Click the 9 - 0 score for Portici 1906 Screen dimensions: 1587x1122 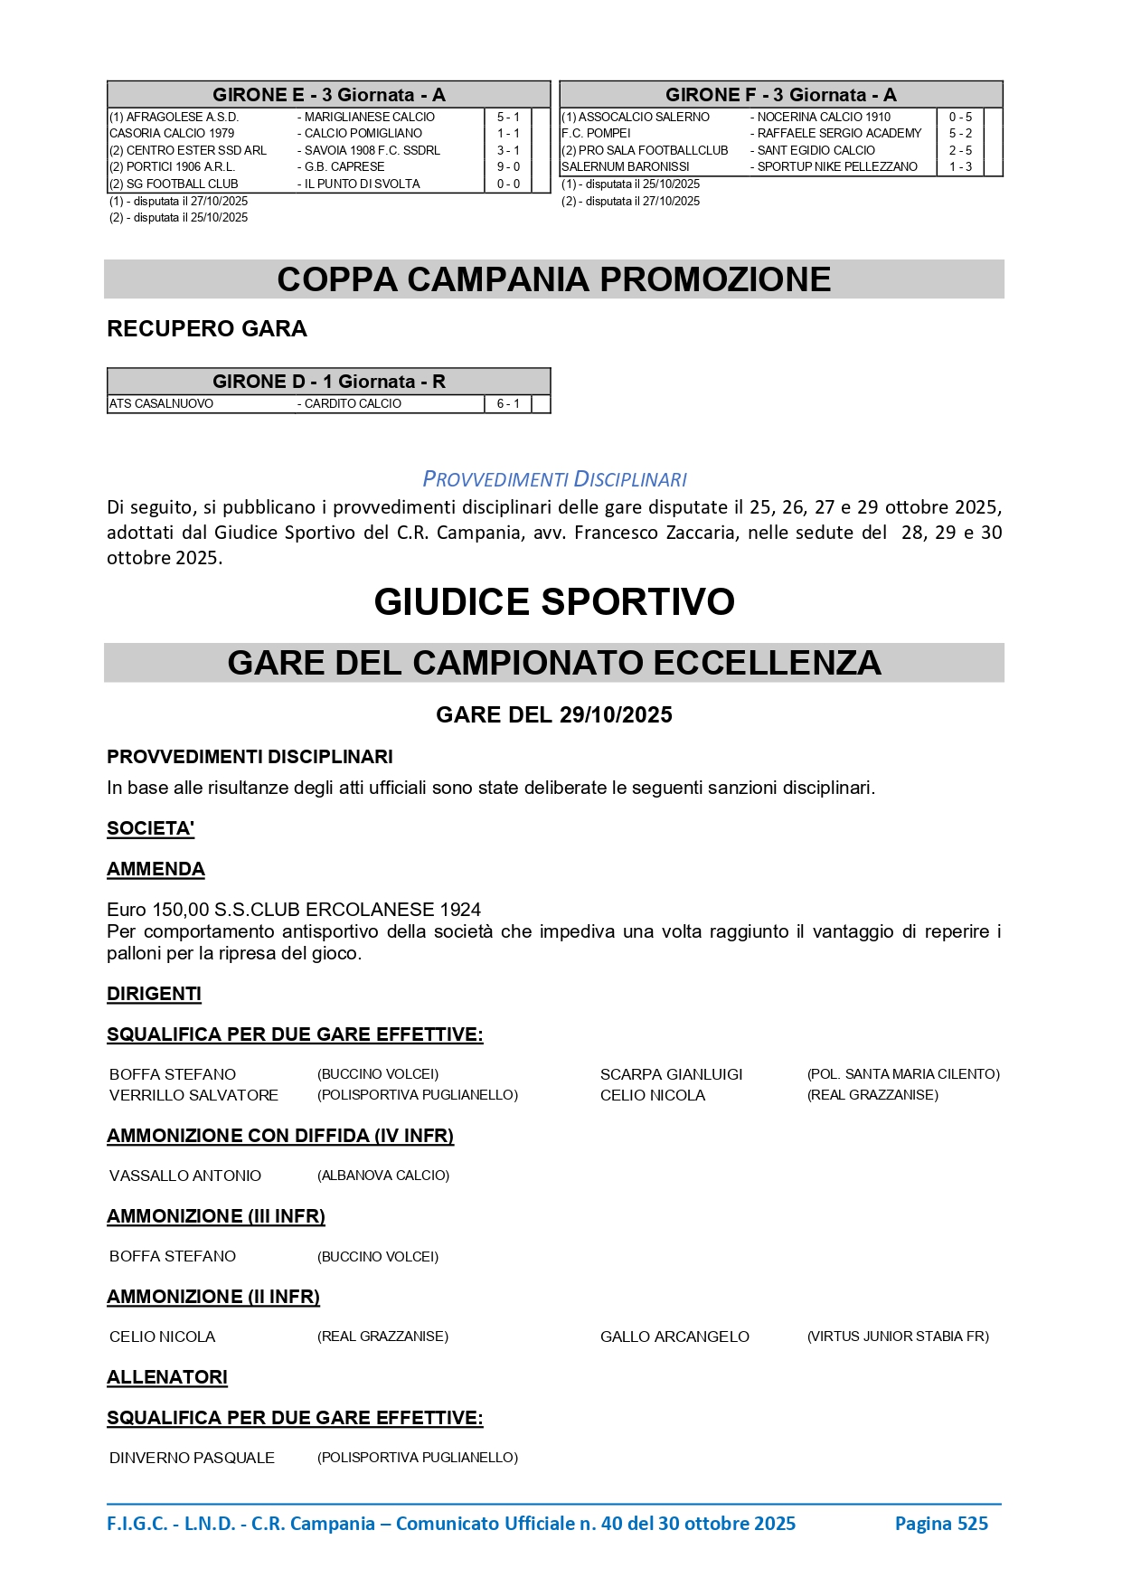click(x=508, y=166)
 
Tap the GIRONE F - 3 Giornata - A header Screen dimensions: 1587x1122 click(x=780, y=95)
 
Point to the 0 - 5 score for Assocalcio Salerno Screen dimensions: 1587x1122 click(x=960, y=117)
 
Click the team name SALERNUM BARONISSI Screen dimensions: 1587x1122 click(x=626, y=166)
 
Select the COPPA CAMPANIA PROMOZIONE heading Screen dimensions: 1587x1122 click(x=553, y=279)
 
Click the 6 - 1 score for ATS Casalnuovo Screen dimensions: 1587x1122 click(x=508, y=404)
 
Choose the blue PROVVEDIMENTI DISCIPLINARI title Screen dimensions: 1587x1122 click(x=554, y=479)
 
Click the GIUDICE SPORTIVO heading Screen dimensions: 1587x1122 click(x=554, y=602)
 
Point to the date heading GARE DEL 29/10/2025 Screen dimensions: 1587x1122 click(x=554, y=715)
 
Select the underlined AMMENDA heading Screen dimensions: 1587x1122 click(x=156, y=869)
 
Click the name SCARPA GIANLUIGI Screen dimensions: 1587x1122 click(x=671, y=1074)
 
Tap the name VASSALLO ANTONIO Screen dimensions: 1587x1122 click(x=185, y=1176)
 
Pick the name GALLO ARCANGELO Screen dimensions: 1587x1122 click(x=674, y=1337)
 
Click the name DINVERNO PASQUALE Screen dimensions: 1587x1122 click(x=192, y=1458)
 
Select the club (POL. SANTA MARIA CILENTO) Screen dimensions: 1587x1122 click(x=903, y=1074)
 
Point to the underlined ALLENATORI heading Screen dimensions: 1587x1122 click(x=167, y=1377)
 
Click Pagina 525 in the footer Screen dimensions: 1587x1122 click(x=941, y=1524)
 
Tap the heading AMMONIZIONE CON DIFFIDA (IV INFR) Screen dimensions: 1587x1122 click(x=280, y=1136)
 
